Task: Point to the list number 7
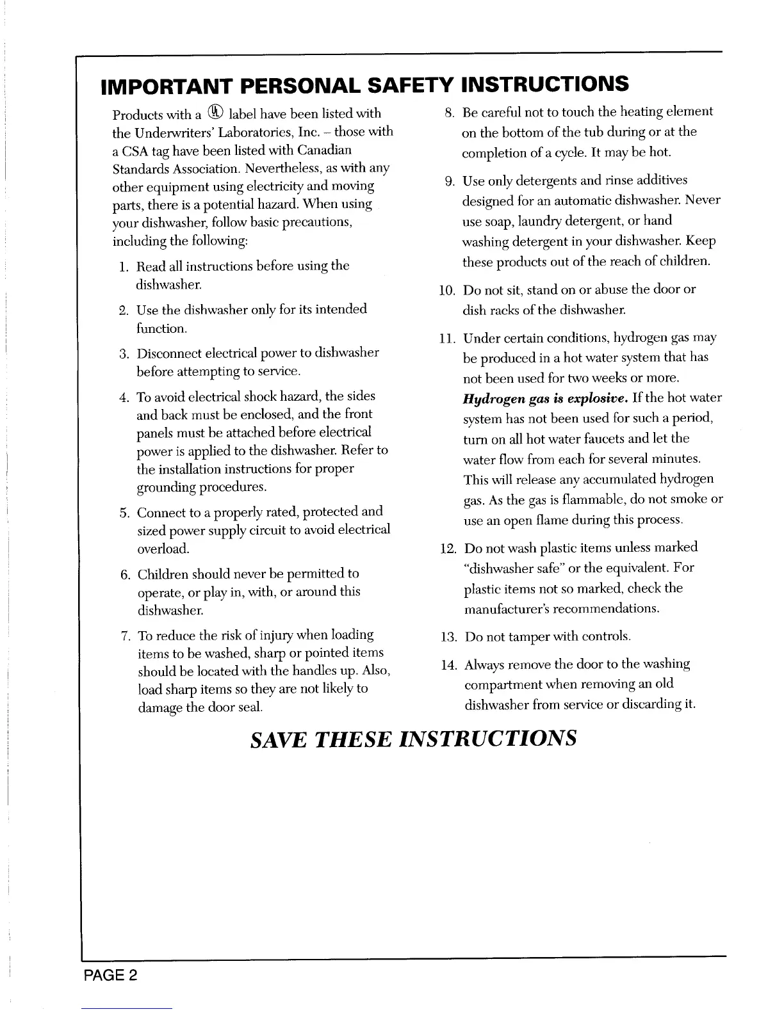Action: tap(126, 636)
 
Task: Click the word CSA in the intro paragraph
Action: tap(135, 151)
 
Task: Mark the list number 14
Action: tap(447, 664)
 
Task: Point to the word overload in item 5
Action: tap(163, 549)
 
